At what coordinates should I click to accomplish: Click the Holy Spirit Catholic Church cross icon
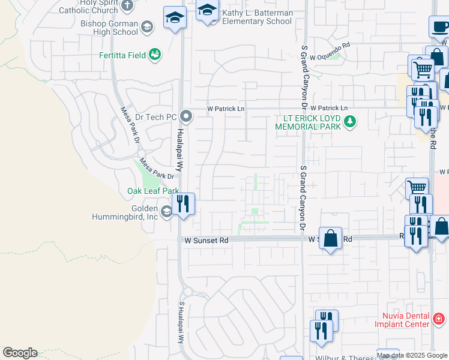pyautogui.click(x=127, y=6)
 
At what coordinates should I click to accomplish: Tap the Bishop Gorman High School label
pyautogui.click(x=109, y=28)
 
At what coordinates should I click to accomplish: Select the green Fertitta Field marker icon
pyautogui.click(x=155, y=55)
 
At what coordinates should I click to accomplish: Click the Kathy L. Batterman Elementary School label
pyautogui.click(x=257, y=17)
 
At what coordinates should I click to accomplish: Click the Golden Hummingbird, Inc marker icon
pyautogui.click(x=167, y=211)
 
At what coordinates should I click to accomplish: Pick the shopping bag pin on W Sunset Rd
pyautogui.click(x=330, y=238)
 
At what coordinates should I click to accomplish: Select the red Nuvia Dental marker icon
pyautogui.click(x=439, y=318)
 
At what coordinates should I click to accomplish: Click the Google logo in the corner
pyautogui.click(x=20, y=353)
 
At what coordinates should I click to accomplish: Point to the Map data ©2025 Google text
pyautogui.click(x=412, y=356)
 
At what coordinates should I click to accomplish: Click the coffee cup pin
pyautogui.click(x=439, y=26)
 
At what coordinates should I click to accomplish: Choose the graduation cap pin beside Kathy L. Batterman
pyautogui.click(x=208, y=10)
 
